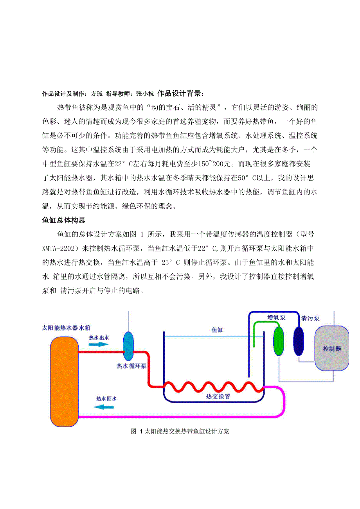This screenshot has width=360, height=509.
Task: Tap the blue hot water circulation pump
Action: (x=128, y=346)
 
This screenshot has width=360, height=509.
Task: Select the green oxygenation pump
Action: (x=278, y=341)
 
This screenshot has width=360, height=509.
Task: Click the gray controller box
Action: (x=332, y=348)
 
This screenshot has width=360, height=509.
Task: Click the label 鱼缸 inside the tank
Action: (x=217, y=330)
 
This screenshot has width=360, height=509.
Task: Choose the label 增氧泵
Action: (x=276, y=317)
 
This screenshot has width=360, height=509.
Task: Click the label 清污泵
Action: (x=310, y=318)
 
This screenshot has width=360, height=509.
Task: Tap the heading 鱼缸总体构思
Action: (x=64, y=220)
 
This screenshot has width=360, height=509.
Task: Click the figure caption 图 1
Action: (x=180, y=432)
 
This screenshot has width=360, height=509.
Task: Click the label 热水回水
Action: (x=106, y=399)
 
